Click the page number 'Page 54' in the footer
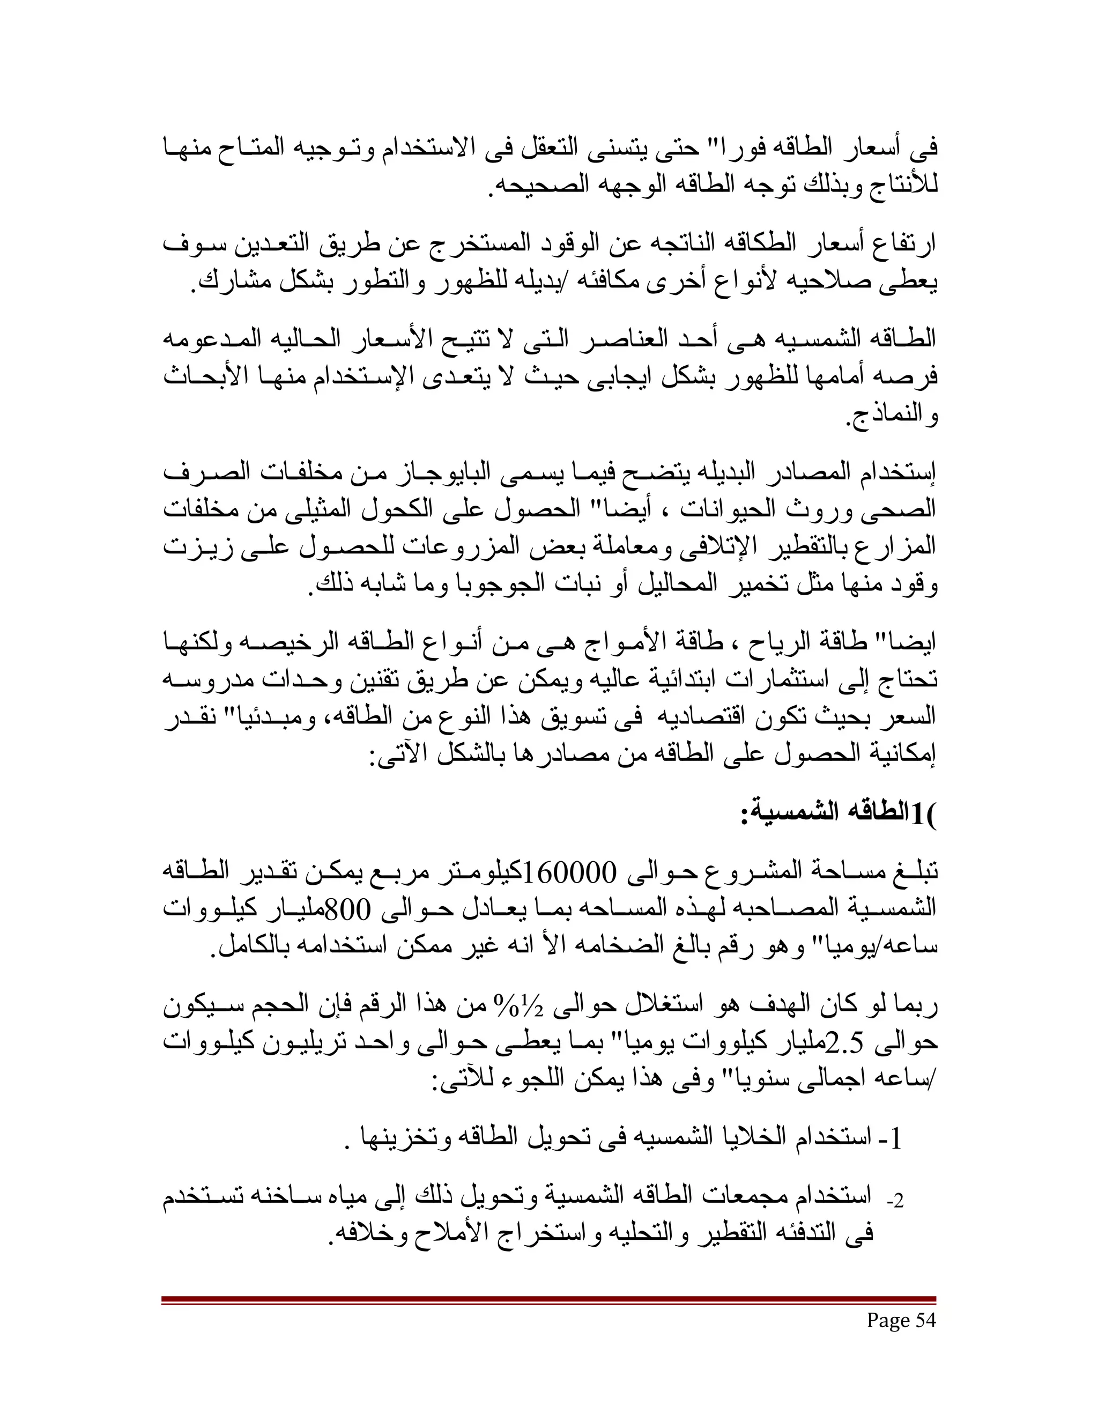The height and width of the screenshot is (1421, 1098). (x=901, y=1320)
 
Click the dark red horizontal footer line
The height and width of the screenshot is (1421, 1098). (x=548, y=1299)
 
